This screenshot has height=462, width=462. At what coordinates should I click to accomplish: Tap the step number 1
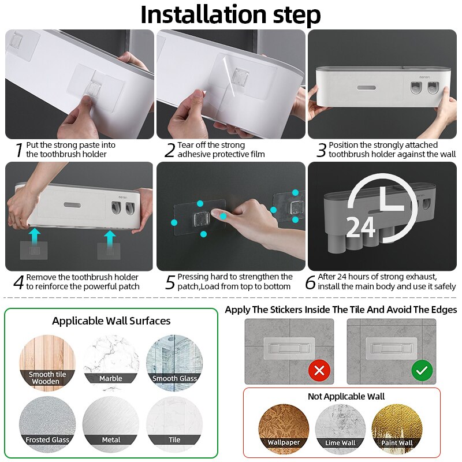[18, 150]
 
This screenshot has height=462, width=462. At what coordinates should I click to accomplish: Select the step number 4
[18, 282]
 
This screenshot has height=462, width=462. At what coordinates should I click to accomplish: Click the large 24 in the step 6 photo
[361, 228]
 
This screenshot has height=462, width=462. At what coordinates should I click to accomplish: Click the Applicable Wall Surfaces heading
[111, 321]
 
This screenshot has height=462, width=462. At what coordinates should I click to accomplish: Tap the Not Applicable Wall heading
[346, 396]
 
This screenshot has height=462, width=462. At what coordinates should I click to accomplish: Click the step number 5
[169, 282]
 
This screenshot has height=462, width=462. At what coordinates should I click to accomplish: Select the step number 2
[169, 150]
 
